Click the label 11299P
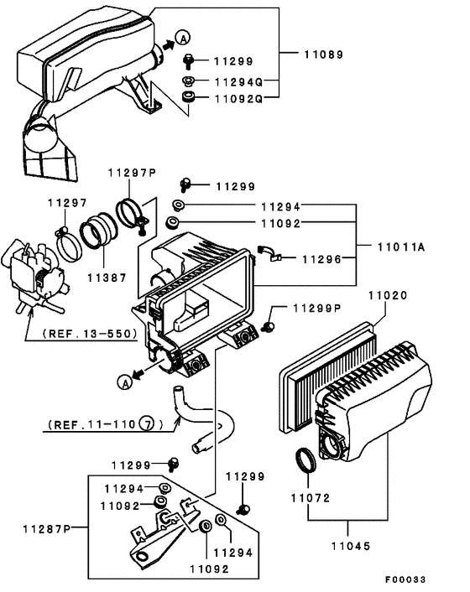tap(318, 309)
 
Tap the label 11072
tap(311, 498)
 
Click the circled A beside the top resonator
tap(183, 36)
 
